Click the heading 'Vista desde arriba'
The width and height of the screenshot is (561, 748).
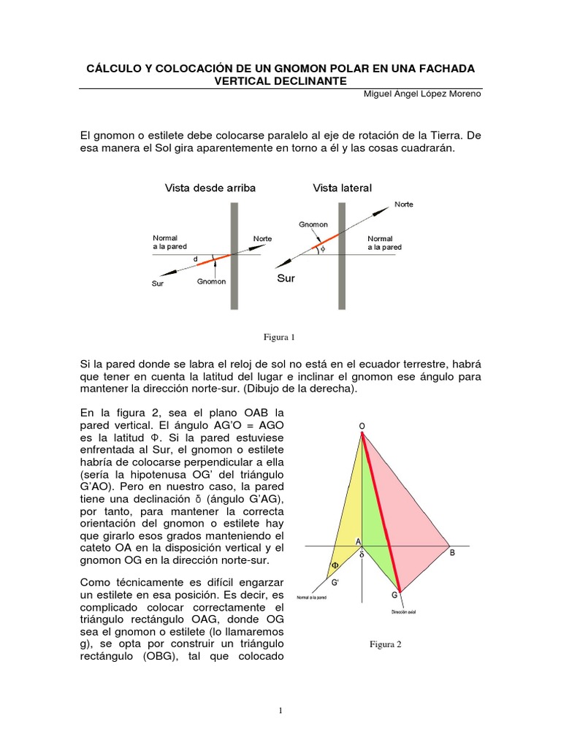click(x=210, y=188)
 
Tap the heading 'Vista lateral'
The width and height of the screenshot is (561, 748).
click(x=342, y=188)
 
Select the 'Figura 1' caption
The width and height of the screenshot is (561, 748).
click(x=280, y=337)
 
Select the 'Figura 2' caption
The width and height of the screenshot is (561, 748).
click(x=386, y=644)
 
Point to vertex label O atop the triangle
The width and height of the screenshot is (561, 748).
click(x=362, y=426)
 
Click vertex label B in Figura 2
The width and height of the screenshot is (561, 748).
click(x=452, y=553)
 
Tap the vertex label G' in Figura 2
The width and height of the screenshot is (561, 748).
click(x=335, y=582)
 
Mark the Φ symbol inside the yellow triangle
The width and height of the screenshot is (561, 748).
click(x=335, y=565)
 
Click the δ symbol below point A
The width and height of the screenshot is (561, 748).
click(x=361, y=554)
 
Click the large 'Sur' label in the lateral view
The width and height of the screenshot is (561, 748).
click(x=286, y=278)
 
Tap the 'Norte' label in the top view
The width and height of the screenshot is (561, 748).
click(x=263, y=239)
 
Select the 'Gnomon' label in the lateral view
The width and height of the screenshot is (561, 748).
click(x=313, y=225)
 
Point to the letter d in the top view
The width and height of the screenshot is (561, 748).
click(x=195, y=258)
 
